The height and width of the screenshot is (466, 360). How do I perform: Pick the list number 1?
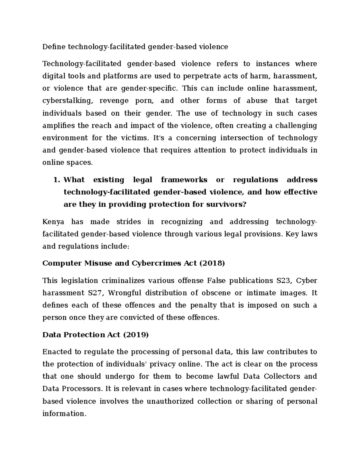click(x=56, y=180)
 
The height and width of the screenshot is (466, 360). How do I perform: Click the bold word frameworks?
click(x=184, y=180)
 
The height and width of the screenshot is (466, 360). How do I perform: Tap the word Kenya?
click(x=53, y=222)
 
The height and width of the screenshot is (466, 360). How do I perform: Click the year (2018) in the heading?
click(x=212, y=263)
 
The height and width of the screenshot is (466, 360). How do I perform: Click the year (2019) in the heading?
click(x=136, y=335)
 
